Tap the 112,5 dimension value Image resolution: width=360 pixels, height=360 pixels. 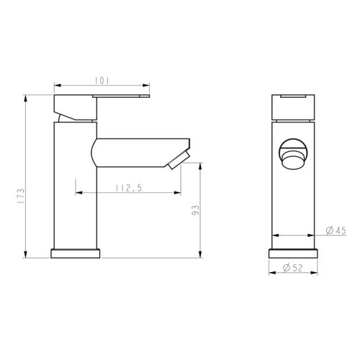pyautogui.click(x=127, y=188)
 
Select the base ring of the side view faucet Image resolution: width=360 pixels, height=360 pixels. pyautogui.click(x=76, y=254)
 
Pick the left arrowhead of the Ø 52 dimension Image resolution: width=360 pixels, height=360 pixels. pyautogui.click(x=271, y=274)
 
